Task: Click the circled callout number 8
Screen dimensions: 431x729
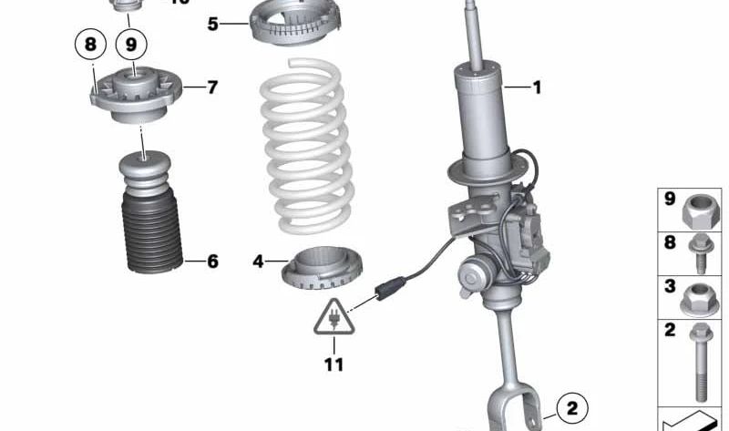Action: pyautogui.click(x=89, y=43)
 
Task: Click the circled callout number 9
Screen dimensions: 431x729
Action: pyautogui.click(x=131, y=43)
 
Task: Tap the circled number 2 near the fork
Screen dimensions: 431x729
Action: pyautogui.click(x=570, y=405)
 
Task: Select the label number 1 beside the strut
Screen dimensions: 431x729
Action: pyautogui.click(x=537, y=88)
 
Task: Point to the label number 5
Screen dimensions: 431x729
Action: pyautogui.click(x=212, y=24)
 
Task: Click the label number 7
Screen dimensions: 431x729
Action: pyautogui.click(x=212, y=88)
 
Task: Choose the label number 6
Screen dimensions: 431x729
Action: pyautogui.click(x=212, y=262)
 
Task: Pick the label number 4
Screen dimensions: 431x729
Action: pyautogui.click(x=258, y=262)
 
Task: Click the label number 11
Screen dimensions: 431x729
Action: pyautogui.click(x=334, y=365)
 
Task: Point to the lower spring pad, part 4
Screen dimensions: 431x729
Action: pyautogui.click(x=323, y=267)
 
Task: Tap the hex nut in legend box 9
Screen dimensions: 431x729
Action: pyautogui.click(x=701, y=209)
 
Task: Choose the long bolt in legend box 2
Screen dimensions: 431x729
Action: pyautogui.click(x=701, y=360)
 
